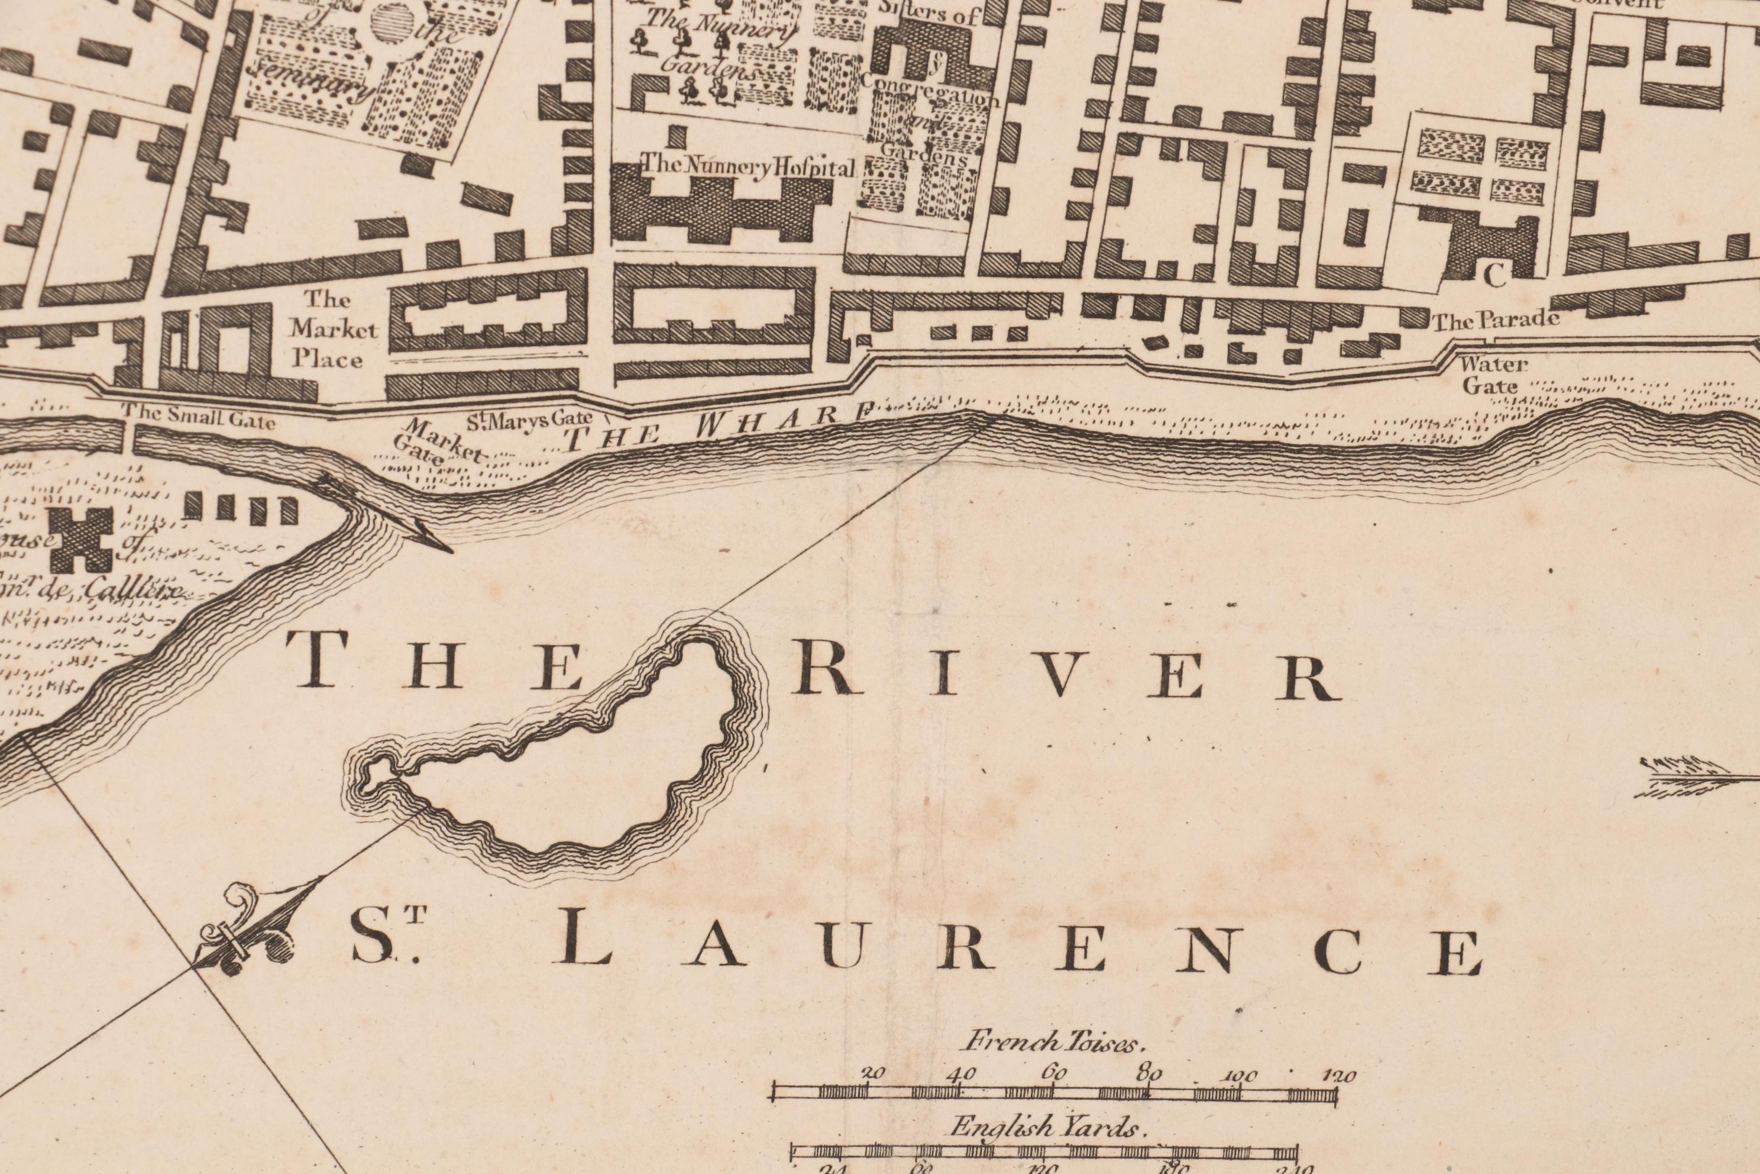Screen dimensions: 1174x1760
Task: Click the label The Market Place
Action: tap(327, 330)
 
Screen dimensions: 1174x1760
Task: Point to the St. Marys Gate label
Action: tap(529, 420)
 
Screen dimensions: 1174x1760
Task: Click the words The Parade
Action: tap(1495, 321)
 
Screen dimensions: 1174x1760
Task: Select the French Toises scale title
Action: tap(1057, 1042)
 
